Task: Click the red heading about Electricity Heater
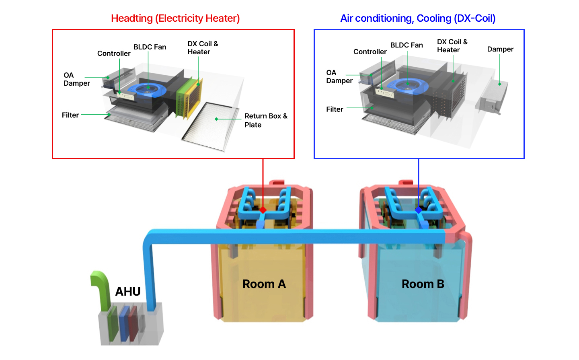(175, 19)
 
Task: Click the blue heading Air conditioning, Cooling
(418, 19)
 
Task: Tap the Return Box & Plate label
(265, 120)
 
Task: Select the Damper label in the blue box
(500, 49)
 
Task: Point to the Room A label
(264, 284)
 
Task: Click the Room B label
(423, 284)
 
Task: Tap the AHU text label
(128, 291)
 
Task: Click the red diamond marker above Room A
(263, 210)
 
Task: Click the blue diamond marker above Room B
(419, 210)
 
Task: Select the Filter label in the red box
(70, 115)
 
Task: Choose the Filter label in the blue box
(335, 109)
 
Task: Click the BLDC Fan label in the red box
(150, 47)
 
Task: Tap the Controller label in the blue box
(370, 51)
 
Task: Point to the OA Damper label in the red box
(76, 79)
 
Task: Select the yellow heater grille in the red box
(194, 99)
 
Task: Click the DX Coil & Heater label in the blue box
(452, 46)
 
